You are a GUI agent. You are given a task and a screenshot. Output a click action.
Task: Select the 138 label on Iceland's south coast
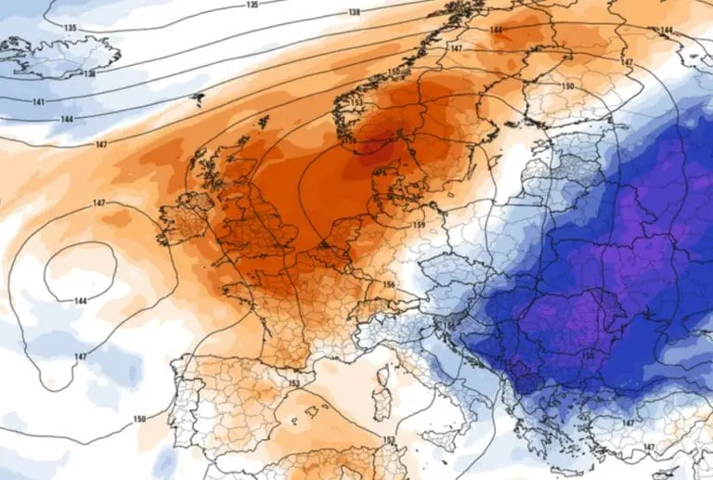(89, 73)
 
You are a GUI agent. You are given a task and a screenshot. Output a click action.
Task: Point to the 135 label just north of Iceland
(71, 28)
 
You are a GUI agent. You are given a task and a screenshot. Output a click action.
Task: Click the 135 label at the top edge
(253, 5)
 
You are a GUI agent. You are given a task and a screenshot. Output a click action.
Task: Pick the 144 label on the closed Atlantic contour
(81, 301)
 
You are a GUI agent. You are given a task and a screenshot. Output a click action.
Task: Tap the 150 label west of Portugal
(139, 420)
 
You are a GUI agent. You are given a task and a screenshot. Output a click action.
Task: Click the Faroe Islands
(197, 97)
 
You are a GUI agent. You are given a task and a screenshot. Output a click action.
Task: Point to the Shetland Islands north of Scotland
(264, 122)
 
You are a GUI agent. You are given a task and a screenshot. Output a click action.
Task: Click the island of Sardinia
(379, 406)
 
